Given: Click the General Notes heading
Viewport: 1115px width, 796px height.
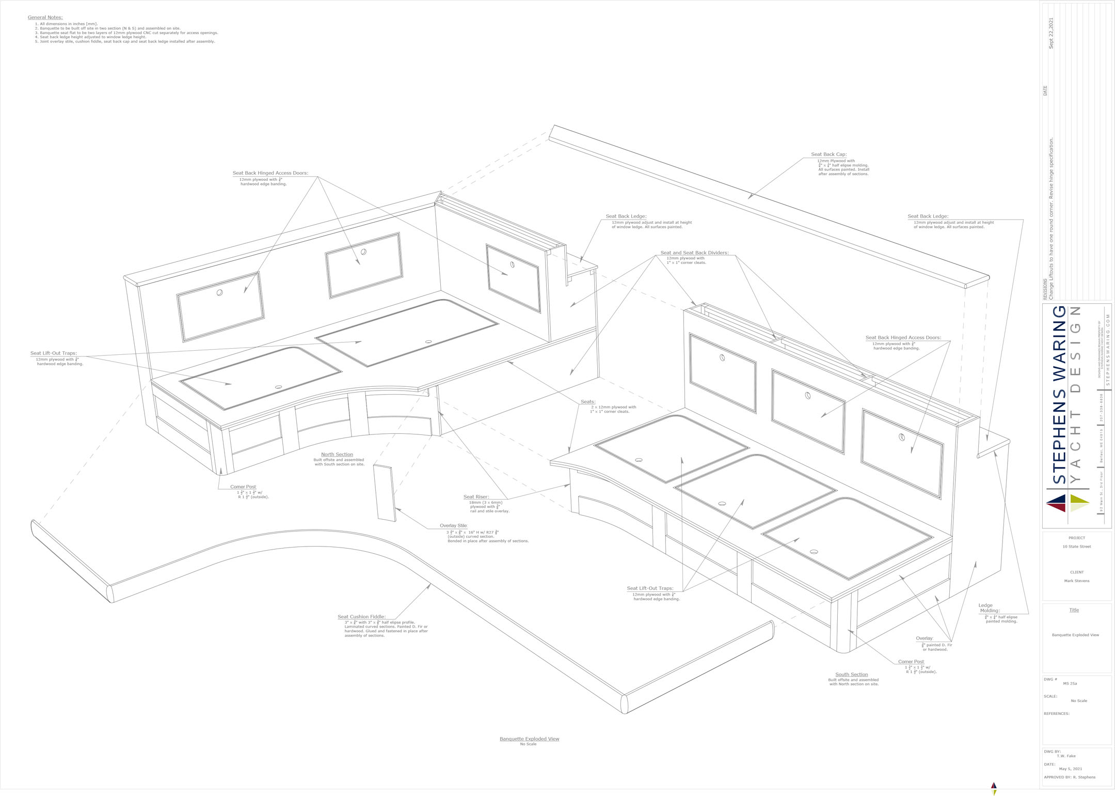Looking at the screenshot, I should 45,18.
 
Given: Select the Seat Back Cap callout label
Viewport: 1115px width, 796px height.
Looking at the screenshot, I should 829,154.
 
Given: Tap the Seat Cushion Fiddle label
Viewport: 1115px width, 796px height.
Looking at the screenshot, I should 361,617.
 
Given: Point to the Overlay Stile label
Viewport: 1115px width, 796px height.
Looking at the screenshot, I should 453,526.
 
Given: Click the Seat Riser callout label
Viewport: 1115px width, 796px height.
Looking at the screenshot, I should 476,497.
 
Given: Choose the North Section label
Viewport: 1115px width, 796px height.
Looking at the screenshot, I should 337,455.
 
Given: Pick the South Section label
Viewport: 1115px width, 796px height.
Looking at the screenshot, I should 851,675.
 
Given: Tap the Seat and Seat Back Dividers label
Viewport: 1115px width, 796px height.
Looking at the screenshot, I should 694,253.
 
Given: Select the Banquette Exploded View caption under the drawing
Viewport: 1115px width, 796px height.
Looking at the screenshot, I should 529,739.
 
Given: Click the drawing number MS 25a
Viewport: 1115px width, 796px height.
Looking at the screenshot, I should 1070,683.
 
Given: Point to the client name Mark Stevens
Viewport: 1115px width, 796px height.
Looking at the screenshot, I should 1076,581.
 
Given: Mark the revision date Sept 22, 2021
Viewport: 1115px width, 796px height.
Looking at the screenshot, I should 1051,34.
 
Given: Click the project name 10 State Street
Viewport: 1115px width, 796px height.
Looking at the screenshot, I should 1076,547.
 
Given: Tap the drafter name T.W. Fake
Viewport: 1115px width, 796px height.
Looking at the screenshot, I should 1066,756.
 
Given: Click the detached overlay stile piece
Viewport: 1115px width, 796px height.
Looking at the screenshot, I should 385,493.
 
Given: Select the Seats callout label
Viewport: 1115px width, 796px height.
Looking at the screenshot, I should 587,402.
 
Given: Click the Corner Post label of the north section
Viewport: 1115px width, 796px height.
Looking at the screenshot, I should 243,487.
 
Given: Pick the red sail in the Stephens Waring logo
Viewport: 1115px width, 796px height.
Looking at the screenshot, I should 1056,508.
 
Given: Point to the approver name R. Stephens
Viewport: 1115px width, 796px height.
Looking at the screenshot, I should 1084,777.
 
